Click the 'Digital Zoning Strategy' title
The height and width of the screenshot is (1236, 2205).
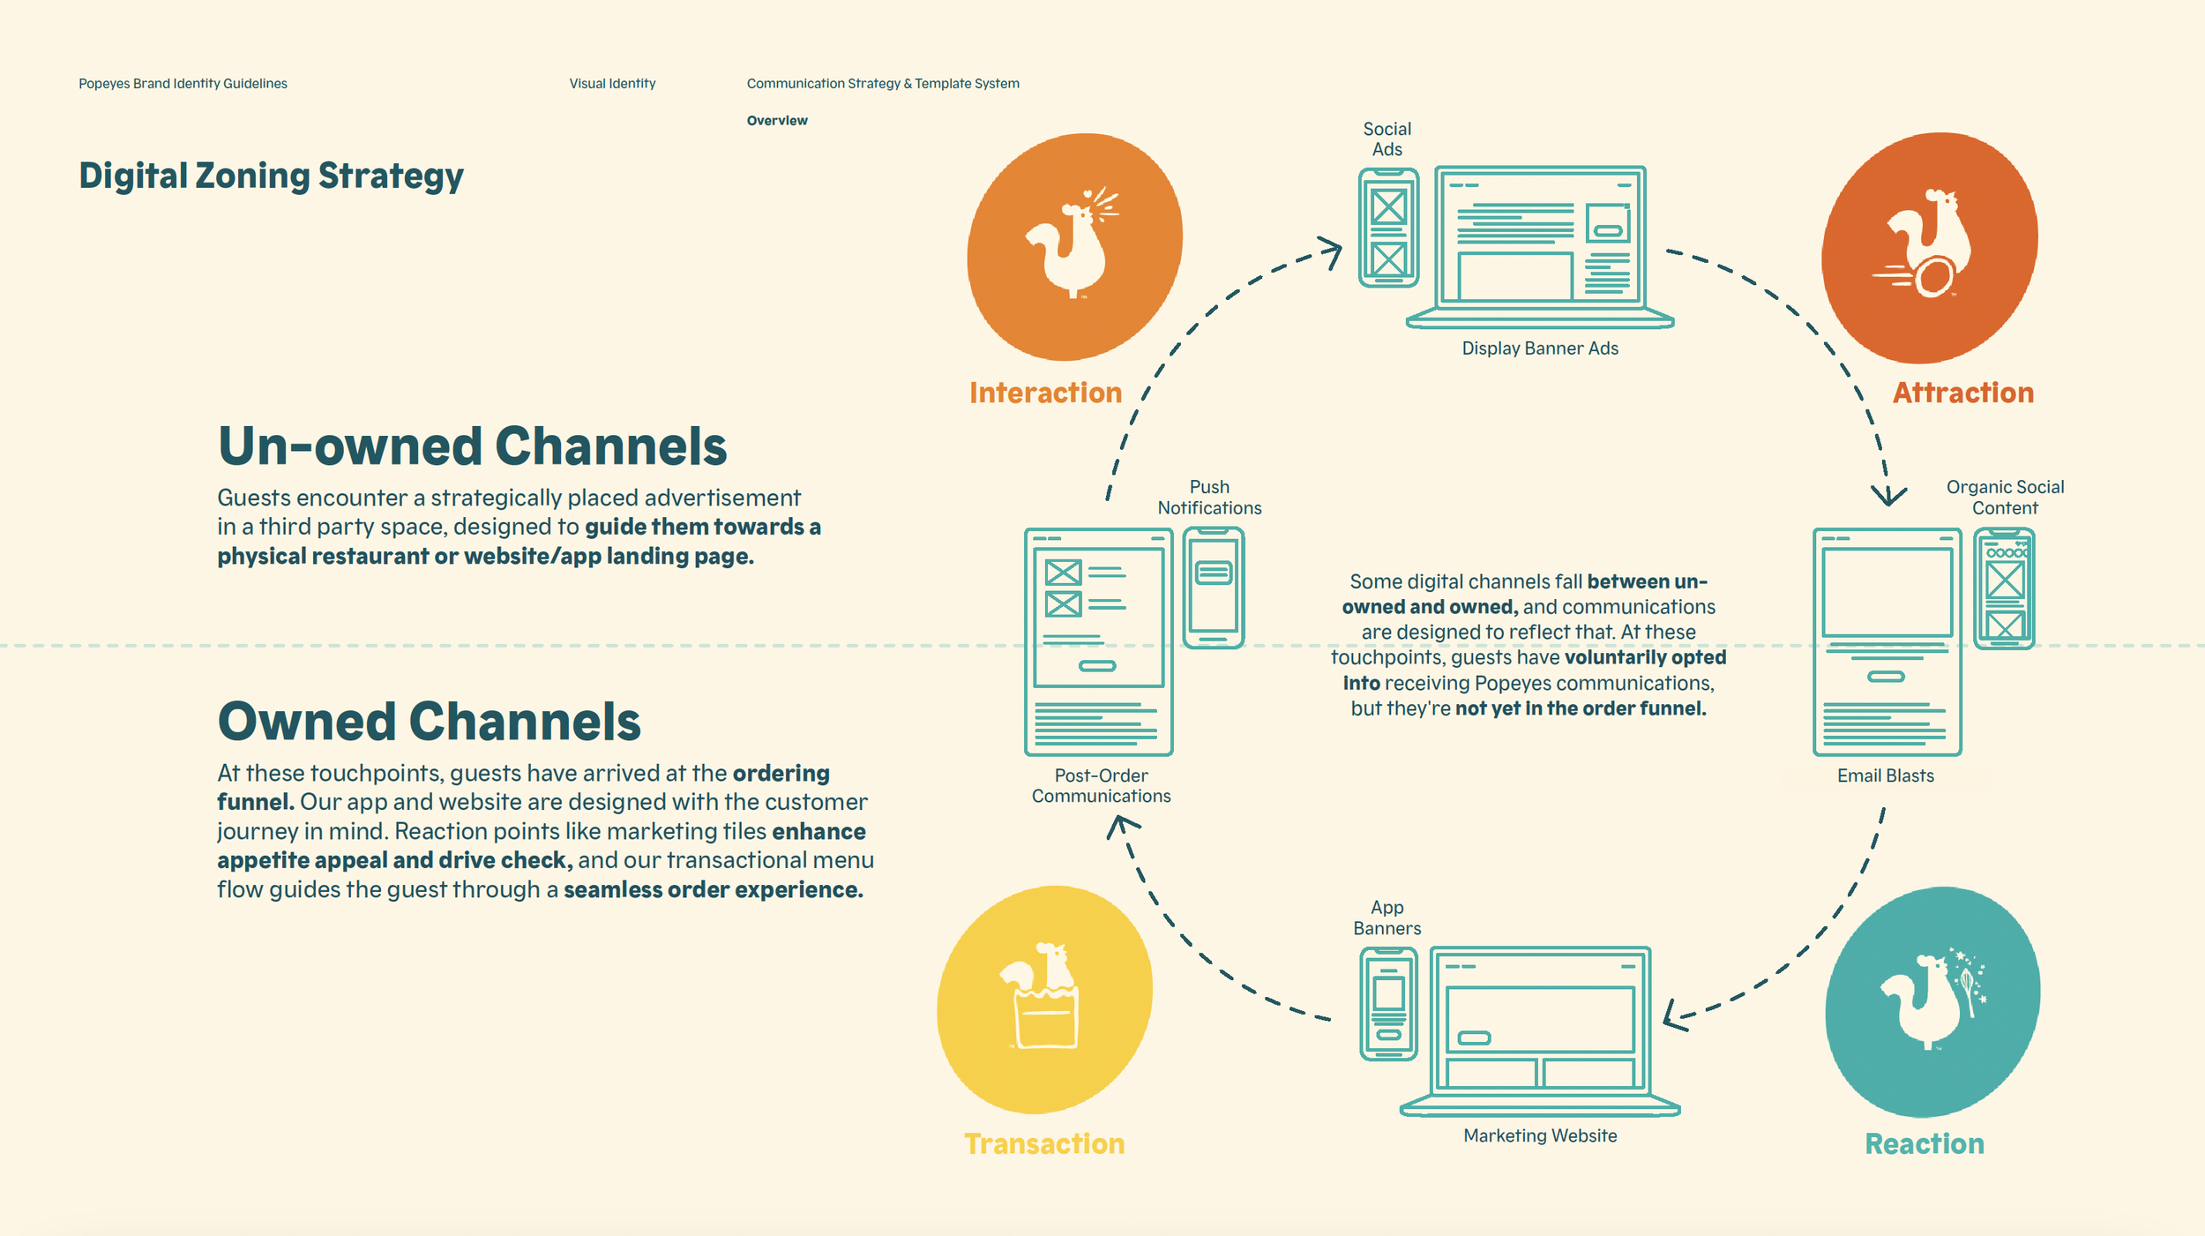click(271, 176)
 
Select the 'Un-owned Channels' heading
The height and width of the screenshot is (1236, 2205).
click(472, 446)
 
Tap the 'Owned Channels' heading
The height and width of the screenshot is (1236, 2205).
click(429, 722)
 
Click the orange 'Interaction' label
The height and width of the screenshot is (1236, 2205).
click(1045, 393)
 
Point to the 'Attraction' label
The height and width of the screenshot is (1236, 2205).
click(1962, 393)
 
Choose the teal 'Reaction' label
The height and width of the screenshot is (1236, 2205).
click(1924, 1143)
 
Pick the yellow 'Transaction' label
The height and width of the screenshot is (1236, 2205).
click(1044, 1143)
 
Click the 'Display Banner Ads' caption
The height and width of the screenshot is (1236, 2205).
click(1540, 348)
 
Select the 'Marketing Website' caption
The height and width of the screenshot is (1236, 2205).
click(1540, 1135)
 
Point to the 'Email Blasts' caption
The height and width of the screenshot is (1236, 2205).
click(1885, 775)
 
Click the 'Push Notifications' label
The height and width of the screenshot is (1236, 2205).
click(1209, 498)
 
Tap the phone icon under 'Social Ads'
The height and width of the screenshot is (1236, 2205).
click(1388, 228)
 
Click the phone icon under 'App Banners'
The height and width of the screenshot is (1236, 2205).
click(1388, 1004)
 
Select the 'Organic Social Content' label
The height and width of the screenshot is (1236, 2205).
click(2005, 498)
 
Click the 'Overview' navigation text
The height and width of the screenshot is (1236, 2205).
click(776, 121)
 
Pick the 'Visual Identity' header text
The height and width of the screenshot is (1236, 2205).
click(612, 84)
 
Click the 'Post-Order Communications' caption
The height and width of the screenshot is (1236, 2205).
click(1101, 785)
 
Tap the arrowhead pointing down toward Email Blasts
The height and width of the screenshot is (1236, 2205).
click(1888, 496)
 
